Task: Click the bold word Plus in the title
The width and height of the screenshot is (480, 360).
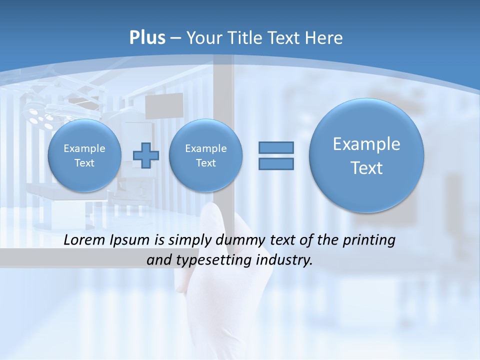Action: click(x=147, y=38)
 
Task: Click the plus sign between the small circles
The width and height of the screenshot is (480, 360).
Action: click(x=145, y=155)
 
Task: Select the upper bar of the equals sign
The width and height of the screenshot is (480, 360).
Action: click(x=276, y=147)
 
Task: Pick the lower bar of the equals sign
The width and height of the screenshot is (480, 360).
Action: click(x=276, y=163)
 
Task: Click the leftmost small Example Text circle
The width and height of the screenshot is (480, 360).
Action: click(x=84, y=155)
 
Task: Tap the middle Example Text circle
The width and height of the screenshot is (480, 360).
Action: click(x=205, y=155)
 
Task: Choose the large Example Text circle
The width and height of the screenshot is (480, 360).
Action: click(x=366, y=155)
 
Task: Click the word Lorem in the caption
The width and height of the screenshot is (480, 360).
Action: click(x=83, y=240)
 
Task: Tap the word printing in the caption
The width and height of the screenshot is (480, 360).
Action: click(x=370, y=241)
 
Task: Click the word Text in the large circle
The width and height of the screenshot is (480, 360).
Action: click(x=366, y=168)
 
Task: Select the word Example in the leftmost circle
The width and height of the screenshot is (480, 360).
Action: click(x=84, y=148)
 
